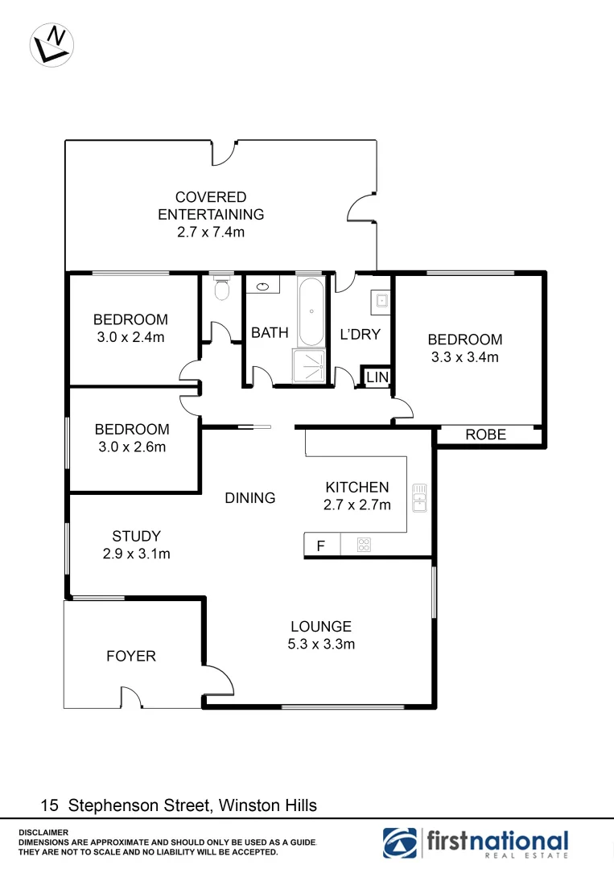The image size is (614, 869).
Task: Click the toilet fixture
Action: point(223,288)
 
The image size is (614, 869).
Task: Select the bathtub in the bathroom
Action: point(311,311)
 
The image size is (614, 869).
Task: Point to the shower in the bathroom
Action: point(311,366)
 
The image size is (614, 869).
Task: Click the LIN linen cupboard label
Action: point(377,377)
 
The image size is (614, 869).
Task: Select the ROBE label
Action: point(486,434)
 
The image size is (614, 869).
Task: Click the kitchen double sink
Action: point(419,498)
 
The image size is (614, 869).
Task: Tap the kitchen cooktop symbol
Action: point(364,546)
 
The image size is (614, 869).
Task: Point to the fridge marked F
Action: point(320,546)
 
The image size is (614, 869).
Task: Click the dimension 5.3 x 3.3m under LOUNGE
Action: point(321,644)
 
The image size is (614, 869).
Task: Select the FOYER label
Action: point(131,657)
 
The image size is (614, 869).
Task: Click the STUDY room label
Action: point(136,536)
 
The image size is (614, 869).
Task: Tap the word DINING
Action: point(250,498)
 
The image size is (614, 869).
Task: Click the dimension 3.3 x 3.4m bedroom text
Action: point(464,357)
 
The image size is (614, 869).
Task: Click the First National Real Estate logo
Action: point(476,842)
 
